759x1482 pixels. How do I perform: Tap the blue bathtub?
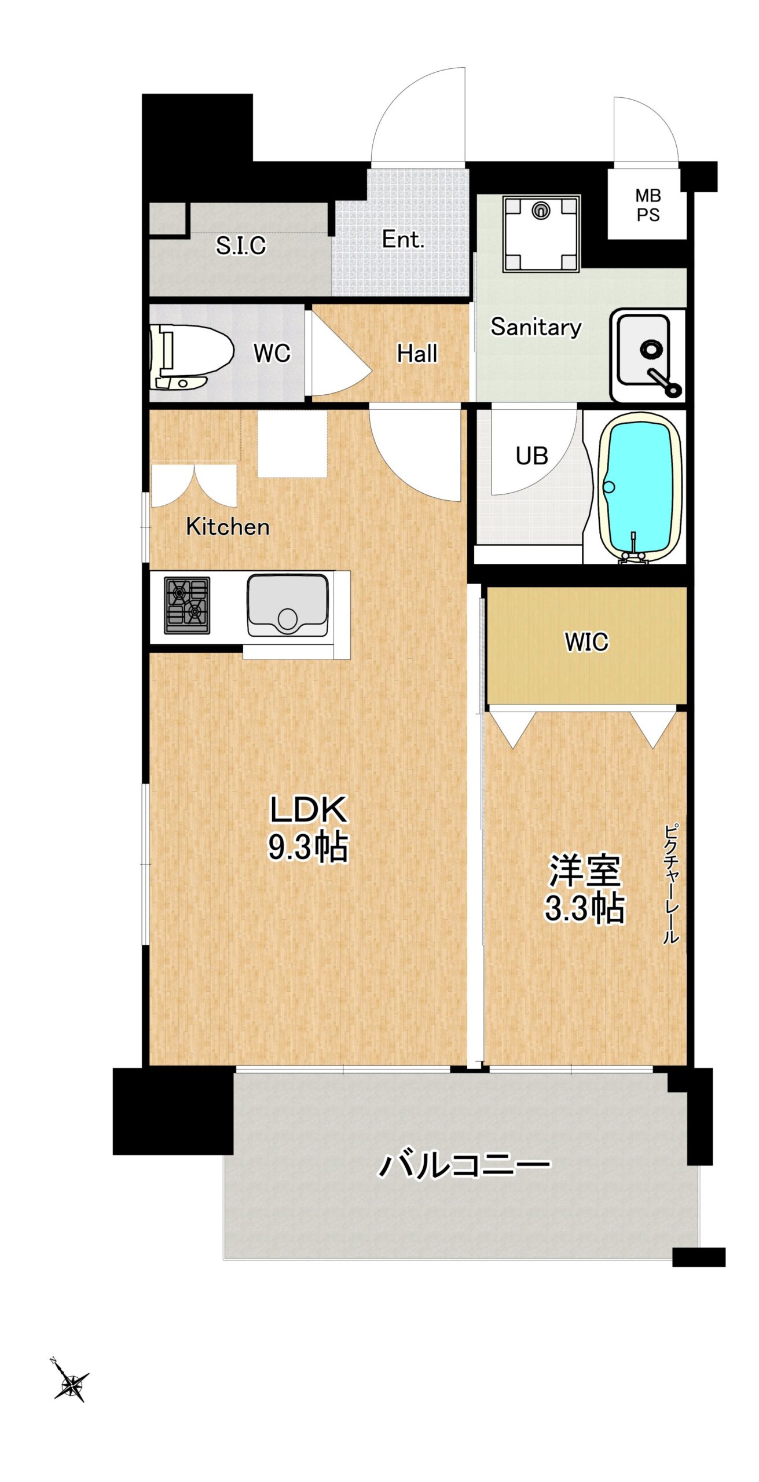click(639, 487)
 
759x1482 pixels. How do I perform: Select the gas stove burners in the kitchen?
click(187, 605)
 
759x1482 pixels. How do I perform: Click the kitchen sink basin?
click(288, 605)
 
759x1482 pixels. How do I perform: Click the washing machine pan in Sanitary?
click(541, 233)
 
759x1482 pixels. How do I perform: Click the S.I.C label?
click(241, 245)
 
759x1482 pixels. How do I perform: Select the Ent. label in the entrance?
click(403, 239)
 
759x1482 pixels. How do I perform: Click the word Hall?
click(417, 353)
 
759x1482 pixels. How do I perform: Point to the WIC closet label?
click(586, 641)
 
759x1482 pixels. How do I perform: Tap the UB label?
click(531, 456)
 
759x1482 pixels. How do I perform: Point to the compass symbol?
click(71, 1385)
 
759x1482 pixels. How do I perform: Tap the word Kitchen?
click(228, 526)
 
